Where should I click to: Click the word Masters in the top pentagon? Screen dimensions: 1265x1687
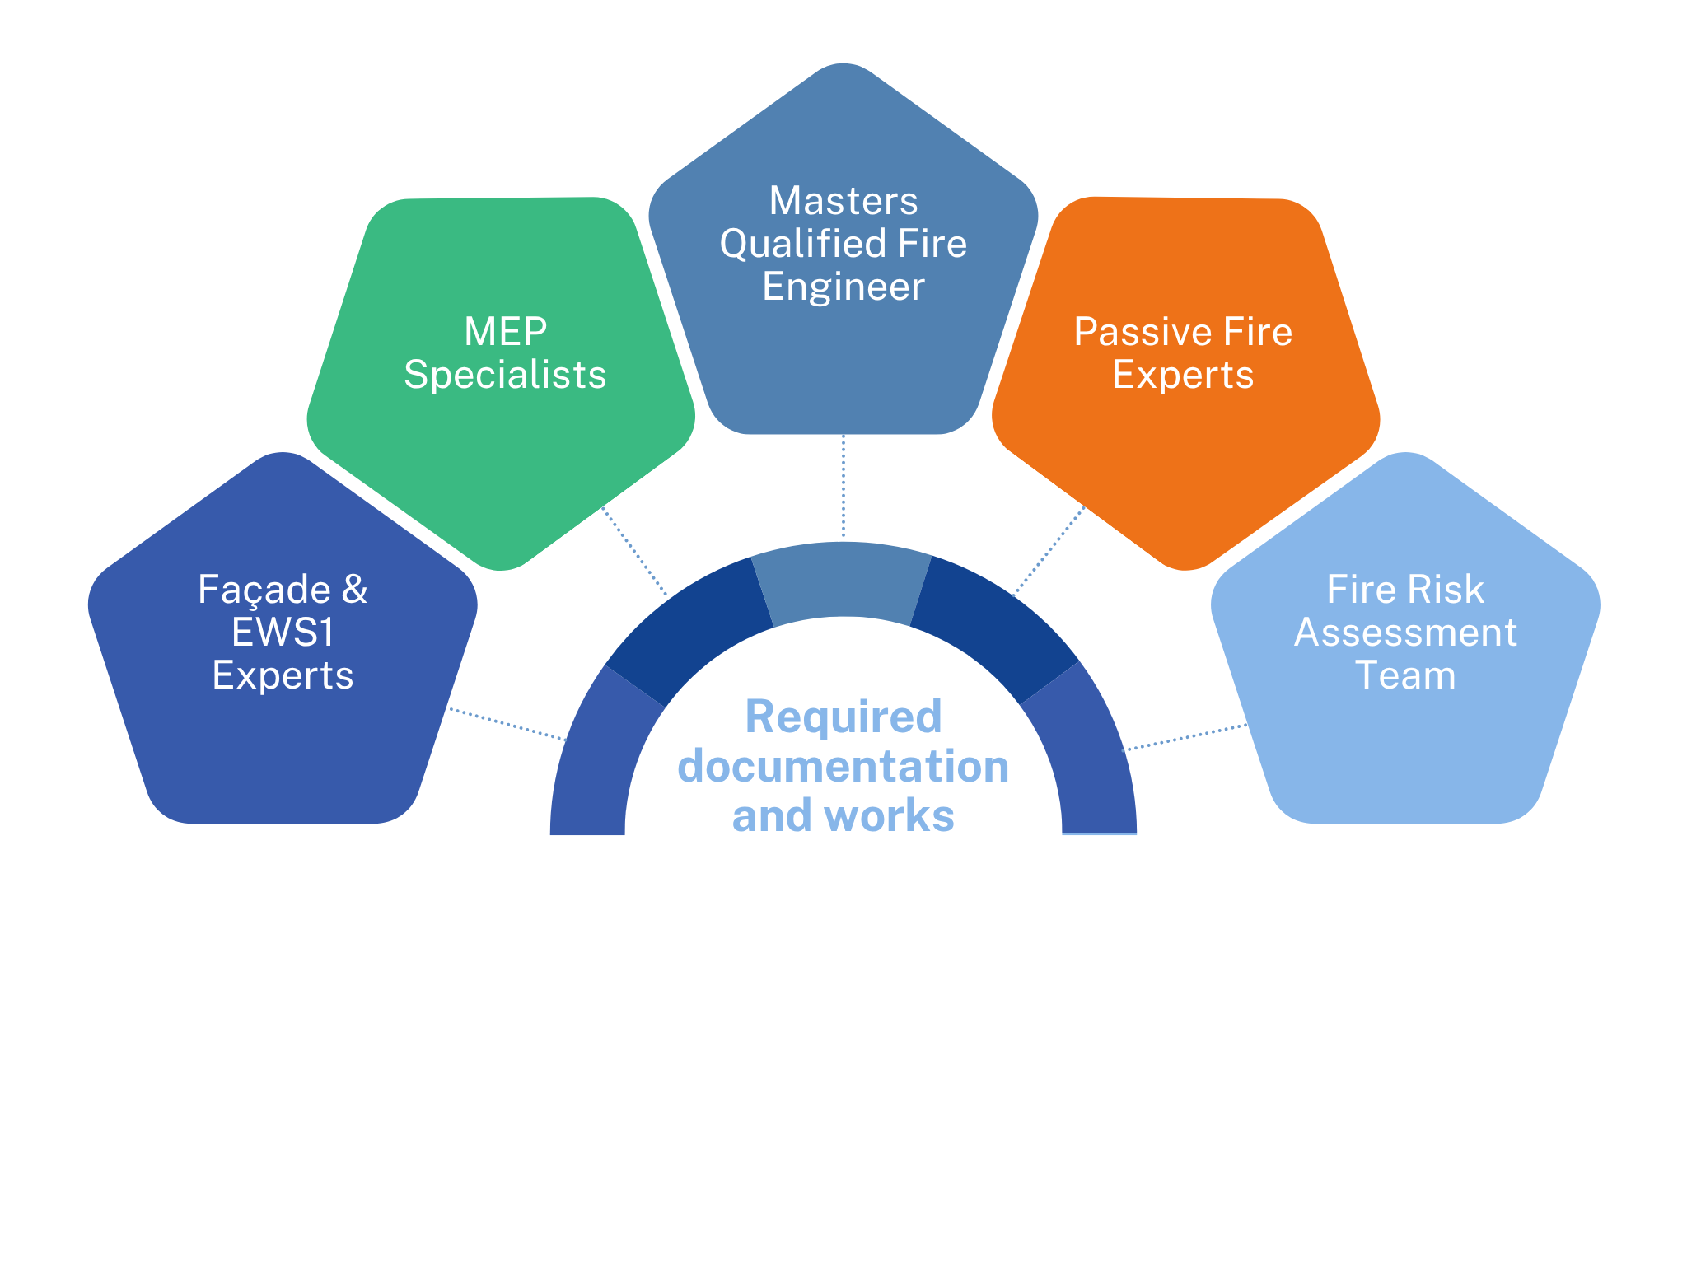(x=843, y=201)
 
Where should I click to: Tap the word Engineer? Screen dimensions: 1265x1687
(x=843, y=287)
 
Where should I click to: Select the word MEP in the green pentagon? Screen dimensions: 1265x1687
(x=505, y=332)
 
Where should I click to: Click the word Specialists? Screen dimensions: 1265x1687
(x=505, y=375)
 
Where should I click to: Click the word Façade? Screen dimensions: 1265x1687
(x=264, y=590)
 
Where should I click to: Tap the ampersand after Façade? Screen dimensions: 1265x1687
(x=354, y=590)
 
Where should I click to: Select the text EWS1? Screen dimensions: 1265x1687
(x=283, y=632)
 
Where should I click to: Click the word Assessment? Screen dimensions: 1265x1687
(x=1405, y=632)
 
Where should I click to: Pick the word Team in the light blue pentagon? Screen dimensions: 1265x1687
(x=1405, y=675)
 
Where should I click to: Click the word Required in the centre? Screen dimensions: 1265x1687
(x=843, y=717)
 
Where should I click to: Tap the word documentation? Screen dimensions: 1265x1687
(x=843, y=766)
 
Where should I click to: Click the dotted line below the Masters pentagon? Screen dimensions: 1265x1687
(x=843, y=486)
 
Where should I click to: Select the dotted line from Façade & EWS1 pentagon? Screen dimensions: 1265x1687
(x=507, y=724)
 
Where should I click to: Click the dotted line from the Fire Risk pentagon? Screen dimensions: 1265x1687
(x=1186, y=737)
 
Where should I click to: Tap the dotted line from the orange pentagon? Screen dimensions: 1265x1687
(x=1049, y=550)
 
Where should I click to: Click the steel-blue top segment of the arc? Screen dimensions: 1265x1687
(x=842, y=581)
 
